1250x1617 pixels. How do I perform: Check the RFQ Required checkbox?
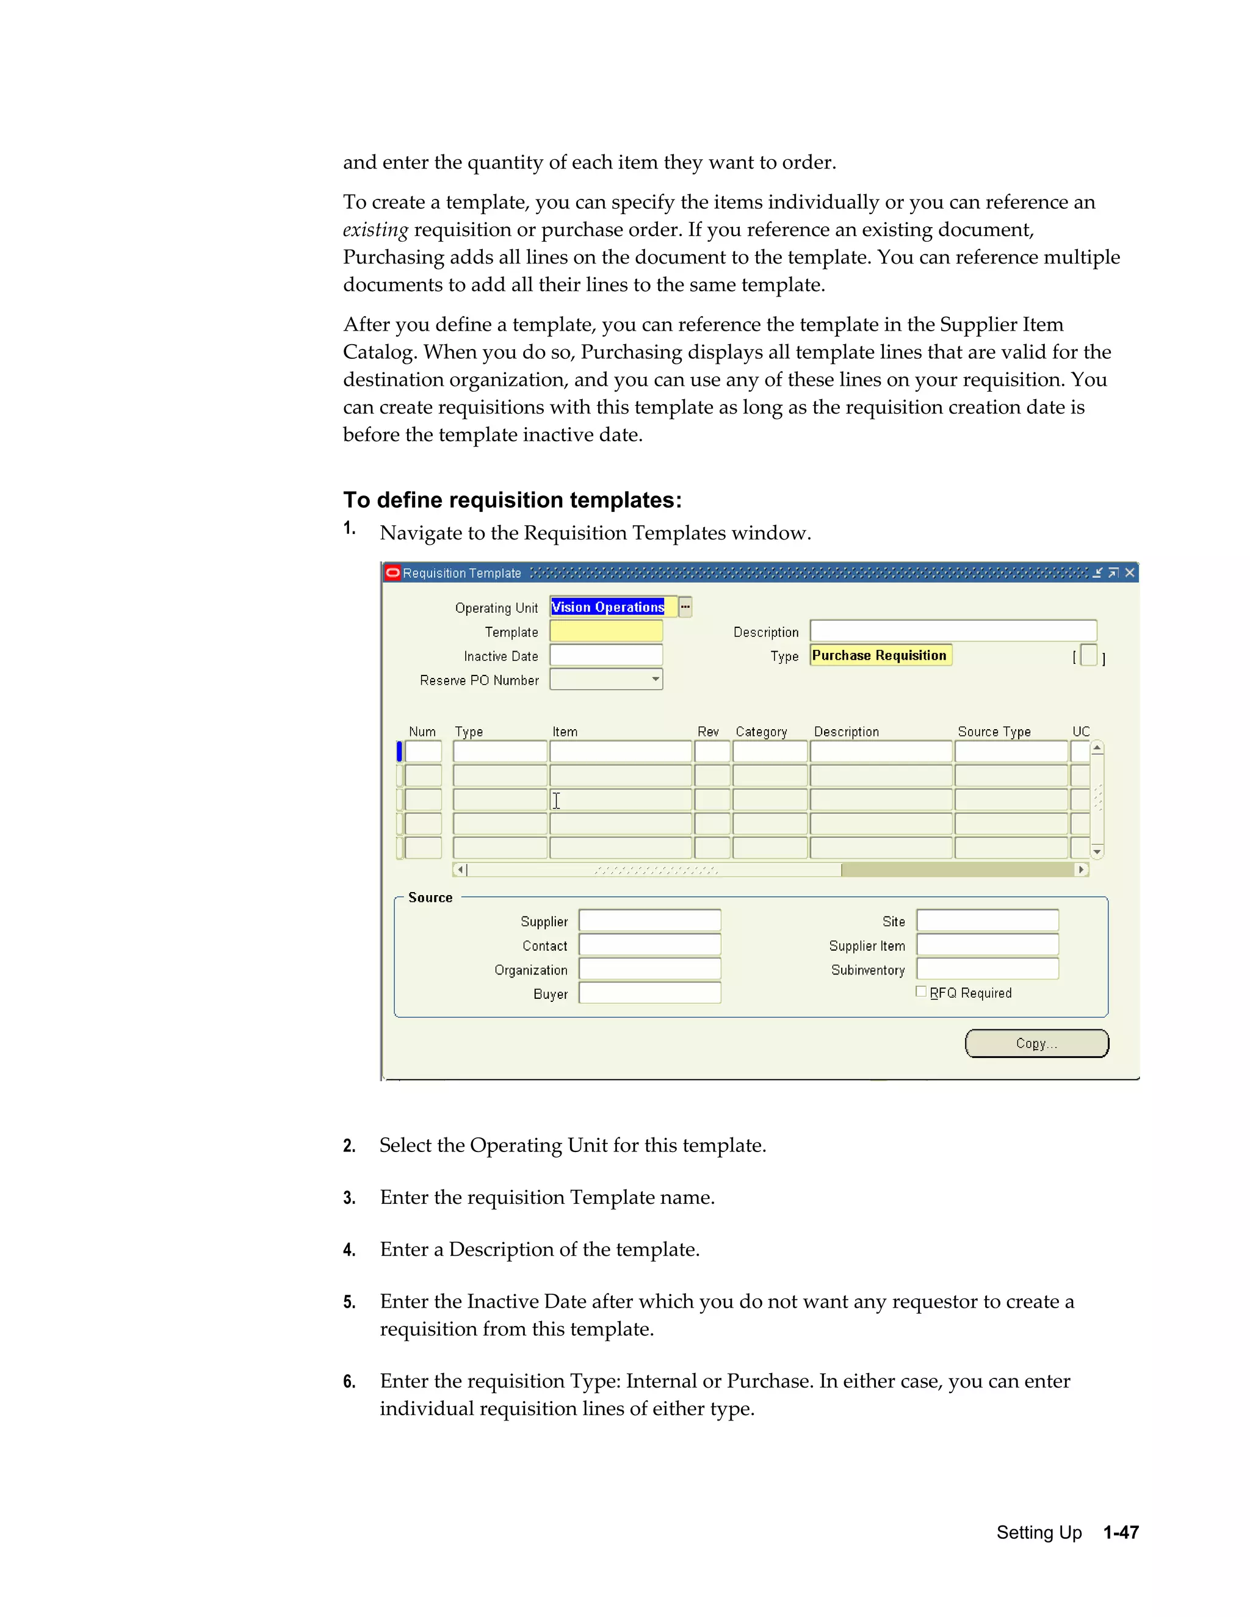pos(920,992)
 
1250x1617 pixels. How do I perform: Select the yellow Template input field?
pos(605,632)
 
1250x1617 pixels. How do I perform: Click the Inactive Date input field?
pos(605,655)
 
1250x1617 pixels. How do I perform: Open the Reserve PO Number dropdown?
pos(656,679)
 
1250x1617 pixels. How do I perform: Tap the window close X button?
pos(1129,572)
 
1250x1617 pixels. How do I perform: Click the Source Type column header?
pos(994,732)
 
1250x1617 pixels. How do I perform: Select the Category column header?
pos(760,732)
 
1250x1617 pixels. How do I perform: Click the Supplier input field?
pos(649,920)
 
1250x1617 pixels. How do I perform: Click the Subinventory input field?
pos(987,969)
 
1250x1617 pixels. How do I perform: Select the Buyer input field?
pos(649,993)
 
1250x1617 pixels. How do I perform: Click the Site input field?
pos(987,920)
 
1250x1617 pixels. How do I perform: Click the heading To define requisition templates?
pos(511,500)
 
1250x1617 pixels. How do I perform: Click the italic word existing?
pos(375,229)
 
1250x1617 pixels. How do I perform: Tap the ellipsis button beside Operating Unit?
pos(685,607)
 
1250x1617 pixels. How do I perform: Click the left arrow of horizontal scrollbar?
pos(460,870)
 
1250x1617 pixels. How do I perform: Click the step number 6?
pos(349,1381)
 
